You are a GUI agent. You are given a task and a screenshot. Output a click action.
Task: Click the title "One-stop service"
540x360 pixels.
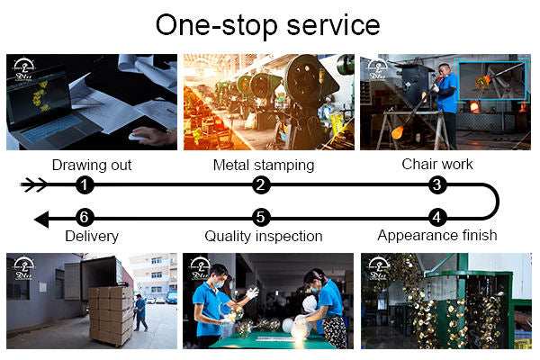pos(267,25)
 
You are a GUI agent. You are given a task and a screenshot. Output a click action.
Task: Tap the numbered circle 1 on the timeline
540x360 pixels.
pos(85,184)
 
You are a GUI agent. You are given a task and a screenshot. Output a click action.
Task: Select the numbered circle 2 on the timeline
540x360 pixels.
pos(261,184)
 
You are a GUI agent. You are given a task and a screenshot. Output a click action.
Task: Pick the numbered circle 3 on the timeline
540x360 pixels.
pos(437,184)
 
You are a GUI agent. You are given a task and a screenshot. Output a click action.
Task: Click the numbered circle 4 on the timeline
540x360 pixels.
pos(437,218)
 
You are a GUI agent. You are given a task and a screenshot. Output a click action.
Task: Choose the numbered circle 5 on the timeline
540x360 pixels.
pos(261,218)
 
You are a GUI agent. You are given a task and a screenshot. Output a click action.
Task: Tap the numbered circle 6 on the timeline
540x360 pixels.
pos(85,218)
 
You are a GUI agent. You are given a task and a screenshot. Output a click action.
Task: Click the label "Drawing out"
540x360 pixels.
pos(92,166)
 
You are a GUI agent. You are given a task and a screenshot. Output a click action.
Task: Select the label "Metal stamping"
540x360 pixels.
pos(264,166)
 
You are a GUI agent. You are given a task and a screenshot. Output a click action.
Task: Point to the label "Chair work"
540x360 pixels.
pos(437,165)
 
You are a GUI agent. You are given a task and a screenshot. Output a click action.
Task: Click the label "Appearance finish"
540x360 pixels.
pos(437,236)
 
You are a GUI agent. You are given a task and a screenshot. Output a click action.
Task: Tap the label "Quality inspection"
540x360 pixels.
pos(264,237)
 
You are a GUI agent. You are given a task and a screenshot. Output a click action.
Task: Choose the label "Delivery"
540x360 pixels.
pos(92,237)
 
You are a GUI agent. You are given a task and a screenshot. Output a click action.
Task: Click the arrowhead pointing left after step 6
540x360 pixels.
pos(41,220)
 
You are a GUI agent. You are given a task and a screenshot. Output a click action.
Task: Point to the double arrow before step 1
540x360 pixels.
pos(34,184)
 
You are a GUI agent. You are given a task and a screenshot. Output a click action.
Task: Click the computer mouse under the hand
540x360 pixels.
pos(138,137)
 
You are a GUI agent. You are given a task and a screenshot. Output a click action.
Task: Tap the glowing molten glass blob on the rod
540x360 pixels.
pos(398,132)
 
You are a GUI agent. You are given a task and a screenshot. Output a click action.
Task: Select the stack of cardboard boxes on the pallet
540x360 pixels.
pos(111,315)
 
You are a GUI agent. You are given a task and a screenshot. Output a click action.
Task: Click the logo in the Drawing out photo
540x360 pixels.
pos(23,69)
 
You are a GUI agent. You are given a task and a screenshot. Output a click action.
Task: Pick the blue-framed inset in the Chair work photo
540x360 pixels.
pos(491,81)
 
